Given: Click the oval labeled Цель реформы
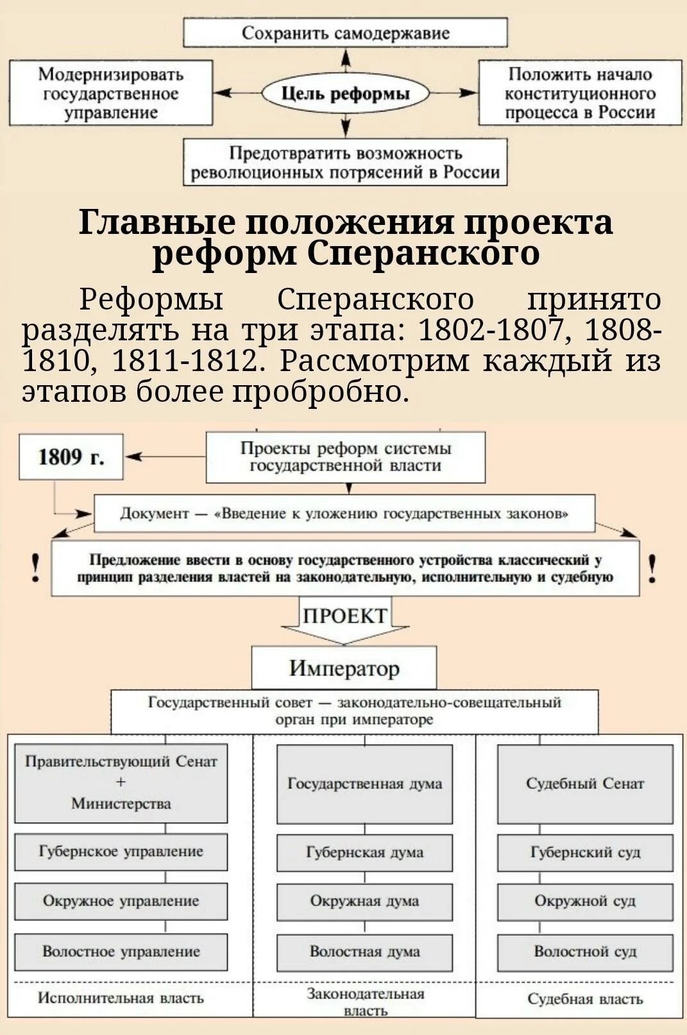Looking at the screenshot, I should click(345, 94).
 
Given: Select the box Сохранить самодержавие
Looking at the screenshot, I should click(345, 33).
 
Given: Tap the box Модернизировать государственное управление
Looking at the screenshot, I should click(110, 94).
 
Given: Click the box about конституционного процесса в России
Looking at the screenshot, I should click(580, 94).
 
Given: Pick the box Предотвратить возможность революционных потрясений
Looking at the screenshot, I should click(345, 163).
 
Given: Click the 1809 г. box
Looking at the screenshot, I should click(71, 457).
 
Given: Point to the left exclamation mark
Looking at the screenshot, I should click(36, 568).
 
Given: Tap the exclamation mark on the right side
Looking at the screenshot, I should click(652, 568).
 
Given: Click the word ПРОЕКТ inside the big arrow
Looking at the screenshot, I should click(344, 616).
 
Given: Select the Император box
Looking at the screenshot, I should click(344, 668).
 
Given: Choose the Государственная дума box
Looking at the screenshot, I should click(364, 784).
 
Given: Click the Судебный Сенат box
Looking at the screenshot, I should click(585, 784).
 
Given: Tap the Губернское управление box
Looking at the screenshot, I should click(121, 852).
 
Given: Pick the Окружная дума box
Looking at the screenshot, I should click(364, 901).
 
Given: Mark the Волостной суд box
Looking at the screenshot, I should click(585, 952).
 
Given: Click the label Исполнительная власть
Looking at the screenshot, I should click(121, 998).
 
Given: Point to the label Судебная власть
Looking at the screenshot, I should click(585, 999).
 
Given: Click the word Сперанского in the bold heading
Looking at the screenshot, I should click(423, 254).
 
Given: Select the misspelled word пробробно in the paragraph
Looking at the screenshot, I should click(321, 392).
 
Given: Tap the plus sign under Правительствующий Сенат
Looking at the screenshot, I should click(121, 782).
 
